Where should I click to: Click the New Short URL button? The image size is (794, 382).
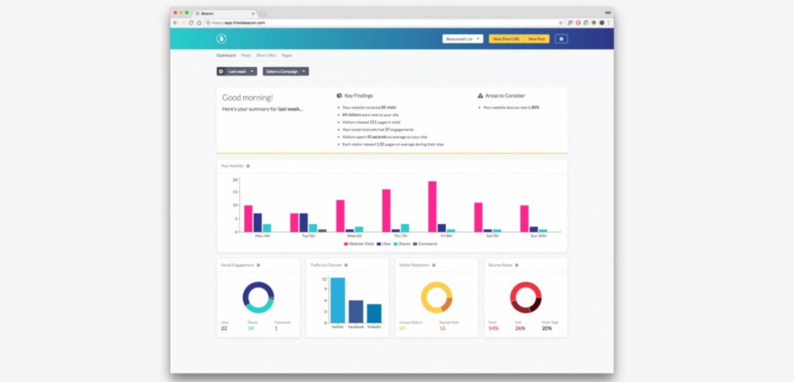point(507,39)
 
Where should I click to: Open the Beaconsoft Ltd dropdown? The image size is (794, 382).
point(463,39)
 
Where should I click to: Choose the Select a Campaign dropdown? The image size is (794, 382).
point(286,71)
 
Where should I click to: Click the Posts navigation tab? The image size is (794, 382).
point(246,56)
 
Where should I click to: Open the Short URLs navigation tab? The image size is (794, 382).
point(266,56)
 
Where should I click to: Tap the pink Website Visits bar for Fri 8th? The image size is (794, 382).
point(432,207)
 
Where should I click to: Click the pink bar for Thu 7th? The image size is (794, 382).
point(386,211)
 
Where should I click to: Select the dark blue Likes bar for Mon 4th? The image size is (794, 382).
point(258,222)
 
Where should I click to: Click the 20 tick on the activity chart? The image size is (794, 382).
point(235,180)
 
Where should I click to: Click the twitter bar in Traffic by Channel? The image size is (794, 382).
point(338,300)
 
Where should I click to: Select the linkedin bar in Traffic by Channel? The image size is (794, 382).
point(374,313)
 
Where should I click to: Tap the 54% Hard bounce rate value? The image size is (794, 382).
point(493,329)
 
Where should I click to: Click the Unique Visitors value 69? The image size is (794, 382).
point(402,329)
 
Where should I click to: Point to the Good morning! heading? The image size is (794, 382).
point(247,98)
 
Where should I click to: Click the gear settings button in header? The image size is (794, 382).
point(561,39)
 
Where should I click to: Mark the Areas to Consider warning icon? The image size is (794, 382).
point(481,96)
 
